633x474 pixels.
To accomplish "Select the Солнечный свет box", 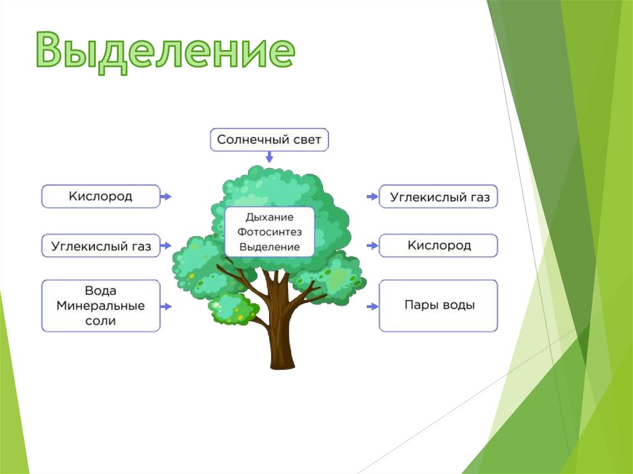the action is [270, 140].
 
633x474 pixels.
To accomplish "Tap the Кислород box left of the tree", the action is [101, 197].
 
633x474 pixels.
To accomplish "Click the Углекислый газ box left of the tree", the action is [101, 246].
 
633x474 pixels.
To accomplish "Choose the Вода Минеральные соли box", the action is [101, 305].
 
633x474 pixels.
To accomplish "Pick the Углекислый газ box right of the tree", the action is [438, 197].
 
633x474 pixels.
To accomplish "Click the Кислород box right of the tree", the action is [438, 245].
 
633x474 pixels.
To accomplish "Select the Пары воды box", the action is [438, 305].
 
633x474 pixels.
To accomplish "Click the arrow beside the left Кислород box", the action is [166, 197].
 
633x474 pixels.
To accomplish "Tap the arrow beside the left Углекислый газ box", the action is [166, 246].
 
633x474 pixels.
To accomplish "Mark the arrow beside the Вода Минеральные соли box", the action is [166, 306].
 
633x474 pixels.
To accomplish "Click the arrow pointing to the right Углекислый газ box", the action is [372, 197].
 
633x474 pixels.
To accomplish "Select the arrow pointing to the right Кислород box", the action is [372, 246].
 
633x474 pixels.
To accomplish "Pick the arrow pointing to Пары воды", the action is [372, 306].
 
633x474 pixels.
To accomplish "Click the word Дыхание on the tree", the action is [270, 218].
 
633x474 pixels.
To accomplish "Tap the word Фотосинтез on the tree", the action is [270, 232].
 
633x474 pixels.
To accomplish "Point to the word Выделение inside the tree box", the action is [270, 247].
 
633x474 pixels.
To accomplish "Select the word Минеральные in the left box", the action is [101, 306].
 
